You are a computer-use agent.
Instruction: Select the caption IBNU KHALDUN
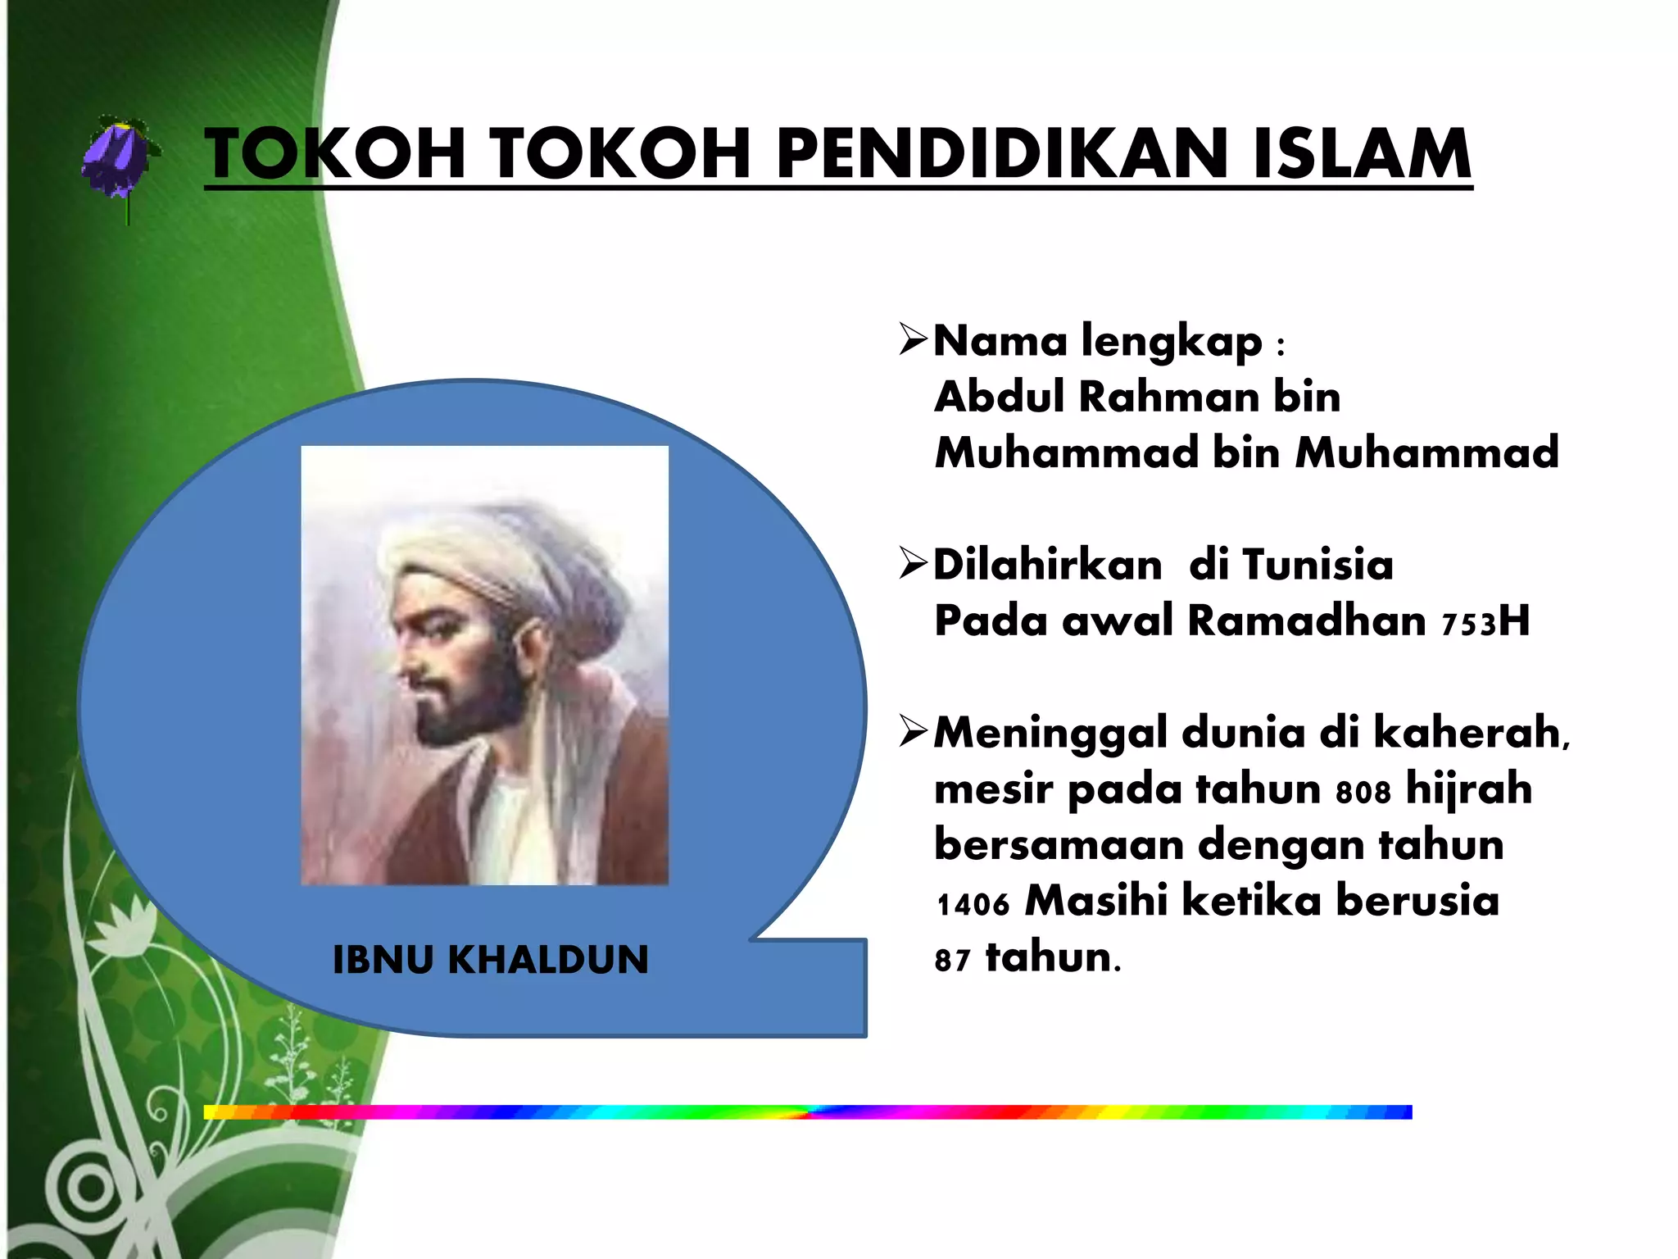490,960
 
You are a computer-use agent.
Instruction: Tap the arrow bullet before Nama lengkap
913,339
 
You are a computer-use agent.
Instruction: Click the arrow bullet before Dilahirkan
913,564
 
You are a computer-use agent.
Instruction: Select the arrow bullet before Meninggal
913,731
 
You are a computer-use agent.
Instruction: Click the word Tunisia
1317,566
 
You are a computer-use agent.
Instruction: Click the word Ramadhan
1306,621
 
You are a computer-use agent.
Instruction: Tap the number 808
1363,792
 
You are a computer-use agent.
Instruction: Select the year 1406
973,904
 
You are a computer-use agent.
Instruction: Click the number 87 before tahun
952,960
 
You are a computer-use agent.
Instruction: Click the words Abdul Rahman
1096,398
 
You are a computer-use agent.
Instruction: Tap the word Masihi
1095,901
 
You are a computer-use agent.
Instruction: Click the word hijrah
1468,789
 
